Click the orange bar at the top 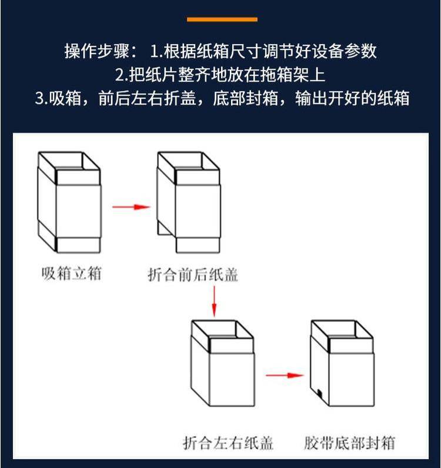pyautogui.click(x=222, y=19)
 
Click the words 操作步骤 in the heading pyautogui.click(x=97, y=51)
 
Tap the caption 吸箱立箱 pyautogui.click(x=72, y=273)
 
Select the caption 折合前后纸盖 pyautogui.click(x=193, y=275)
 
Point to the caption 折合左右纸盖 pyautogui.click(x=228, y=443)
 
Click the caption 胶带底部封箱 pyautogui.click(x=350, y=443)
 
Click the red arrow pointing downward pyautogui.click(x=214, y=301)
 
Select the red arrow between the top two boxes pyautogui.click(x=131, y=207)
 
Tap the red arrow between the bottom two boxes pyautogui.click(x=285, y=375)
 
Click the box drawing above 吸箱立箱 pyautogui.click(x=69, y=203)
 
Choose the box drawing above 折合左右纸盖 pyautogui.click(x=223, y=363)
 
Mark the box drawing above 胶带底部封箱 pyautogui.click(x=342, y=363)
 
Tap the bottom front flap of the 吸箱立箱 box pyautogui.click(x=78, y=245)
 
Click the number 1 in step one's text pyautogui.click(x=154, y=51)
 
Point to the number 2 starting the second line pyautogui.click(x=119, y=75)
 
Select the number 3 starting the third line pyautogui.click(x=39, y=98)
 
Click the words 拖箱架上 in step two pyautogui.click(x=293, y=75)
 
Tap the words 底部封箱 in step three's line pyautogui.click(x=245, y=98)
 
